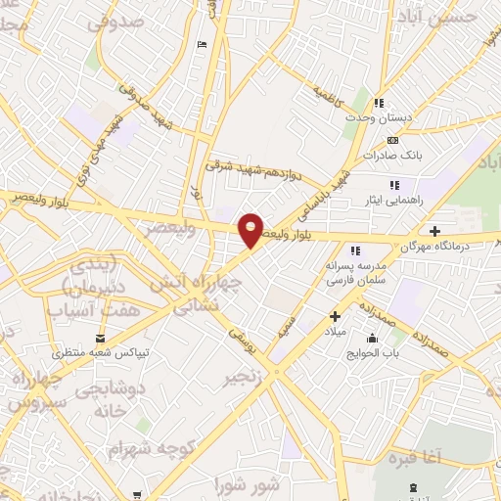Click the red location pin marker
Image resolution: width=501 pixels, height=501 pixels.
251,230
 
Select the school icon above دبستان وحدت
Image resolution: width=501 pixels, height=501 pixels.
379,103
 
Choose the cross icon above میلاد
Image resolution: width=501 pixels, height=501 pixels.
335,316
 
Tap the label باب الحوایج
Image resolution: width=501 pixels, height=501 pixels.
371,352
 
